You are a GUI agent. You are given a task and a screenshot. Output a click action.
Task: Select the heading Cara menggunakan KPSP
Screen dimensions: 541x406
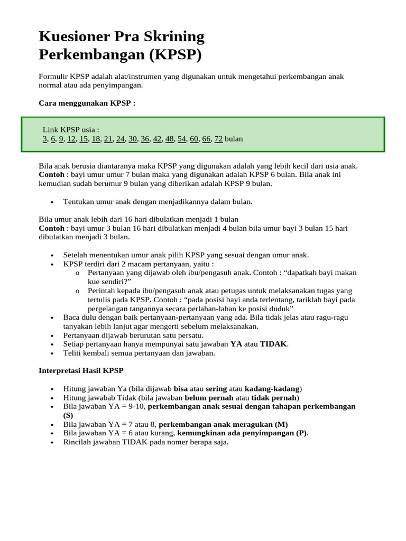click(x=87, y=103)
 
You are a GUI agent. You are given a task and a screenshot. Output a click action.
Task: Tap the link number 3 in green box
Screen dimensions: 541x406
click(x=44, y=139)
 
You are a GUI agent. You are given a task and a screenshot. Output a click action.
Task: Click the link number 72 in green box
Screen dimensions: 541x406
click(x=218, y=139)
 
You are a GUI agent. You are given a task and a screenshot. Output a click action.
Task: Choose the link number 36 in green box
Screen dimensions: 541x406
click(x=145, y=139)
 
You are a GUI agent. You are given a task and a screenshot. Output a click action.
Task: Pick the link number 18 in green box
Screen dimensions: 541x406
click(x=96, y=139)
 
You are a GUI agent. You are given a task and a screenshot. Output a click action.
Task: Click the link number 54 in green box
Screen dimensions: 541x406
click(x=182, y=139)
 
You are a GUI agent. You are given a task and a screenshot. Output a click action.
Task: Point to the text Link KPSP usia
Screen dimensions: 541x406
click(x=71, y=129)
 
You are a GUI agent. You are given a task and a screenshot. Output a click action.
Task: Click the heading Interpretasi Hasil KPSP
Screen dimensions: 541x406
click(x=81, y=370)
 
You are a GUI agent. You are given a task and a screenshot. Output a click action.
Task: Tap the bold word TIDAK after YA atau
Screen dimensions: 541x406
click(x=273, y=344)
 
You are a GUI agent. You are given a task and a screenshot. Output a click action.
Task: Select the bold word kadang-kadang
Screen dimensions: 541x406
click(x=272, y=388)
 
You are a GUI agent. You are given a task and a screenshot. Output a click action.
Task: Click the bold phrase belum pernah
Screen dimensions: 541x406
click(x=209, y=397)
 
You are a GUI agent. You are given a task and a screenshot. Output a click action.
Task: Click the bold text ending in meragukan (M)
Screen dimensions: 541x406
click(x=223, y=424)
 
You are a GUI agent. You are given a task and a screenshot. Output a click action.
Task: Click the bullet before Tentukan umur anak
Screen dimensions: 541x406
click(x=52, y=202)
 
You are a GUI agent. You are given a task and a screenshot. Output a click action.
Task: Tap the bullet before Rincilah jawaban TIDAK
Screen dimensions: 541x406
click(x=52, y=443)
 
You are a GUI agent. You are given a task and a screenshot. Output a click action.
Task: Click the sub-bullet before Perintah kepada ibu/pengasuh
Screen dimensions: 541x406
click(x=77, y=291)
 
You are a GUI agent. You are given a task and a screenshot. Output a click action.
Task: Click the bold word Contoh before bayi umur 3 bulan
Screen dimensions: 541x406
click(x=52, y=228)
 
